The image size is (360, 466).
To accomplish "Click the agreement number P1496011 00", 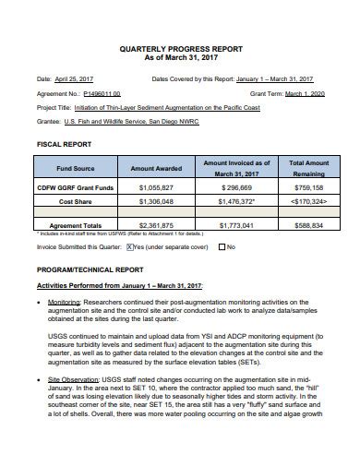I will pos(102,93).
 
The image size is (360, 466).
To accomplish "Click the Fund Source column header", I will pos(76,169).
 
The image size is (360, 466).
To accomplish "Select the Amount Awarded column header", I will pos(156,169).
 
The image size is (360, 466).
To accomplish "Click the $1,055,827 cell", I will pos(156,186).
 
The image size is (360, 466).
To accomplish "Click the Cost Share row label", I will pos(76,199).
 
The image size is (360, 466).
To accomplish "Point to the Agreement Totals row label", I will pos(76,224).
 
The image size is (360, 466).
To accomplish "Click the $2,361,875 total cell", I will pos(156,224).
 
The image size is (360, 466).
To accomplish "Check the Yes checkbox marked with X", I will pos(130,247).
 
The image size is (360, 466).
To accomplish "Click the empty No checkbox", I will pos(222,247).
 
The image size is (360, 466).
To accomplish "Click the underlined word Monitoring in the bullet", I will pos(65,302).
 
